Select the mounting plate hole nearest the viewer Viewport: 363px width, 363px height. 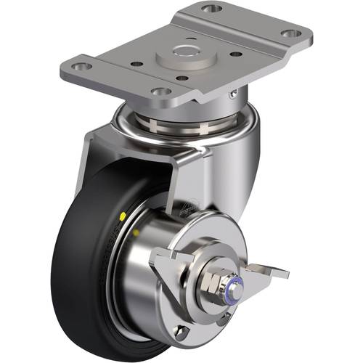[x=160, y=92]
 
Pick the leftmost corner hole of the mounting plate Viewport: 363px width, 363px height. [x=82, y=66]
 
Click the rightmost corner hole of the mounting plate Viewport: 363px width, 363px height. [x=288, y=34]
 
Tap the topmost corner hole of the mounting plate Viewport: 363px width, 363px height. [x=211, y=9]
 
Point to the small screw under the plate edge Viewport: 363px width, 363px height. [x=232, y=92]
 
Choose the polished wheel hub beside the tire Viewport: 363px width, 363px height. [x=156, y=283]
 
